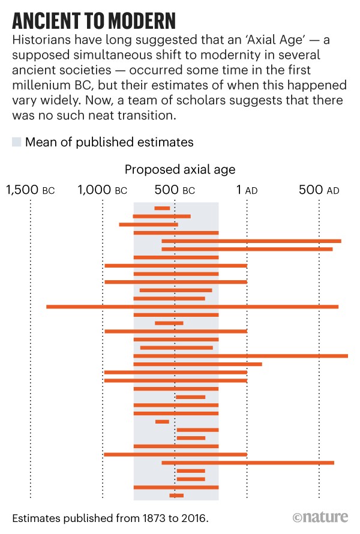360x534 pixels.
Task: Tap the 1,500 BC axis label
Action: pyautogui.click(x=31, y=191)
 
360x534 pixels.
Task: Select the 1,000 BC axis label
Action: pyautogui.click(x=103, y=191)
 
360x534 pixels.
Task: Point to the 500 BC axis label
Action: pyautogui.click(x=175, y=191)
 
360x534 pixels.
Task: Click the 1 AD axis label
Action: pyautogui.click(x=247, y=191)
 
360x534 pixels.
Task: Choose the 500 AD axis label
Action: pyautogui.click(x=319, y=191)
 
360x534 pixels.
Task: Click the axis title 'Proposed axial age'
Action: pyautogui.click(x=180, y=170)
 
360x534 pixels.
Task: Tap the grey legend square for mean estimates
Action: pyautogui.click(x=16, y=142)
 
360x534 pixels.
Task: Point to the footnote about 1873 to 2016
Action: pyautogui.click(x=108, y=517)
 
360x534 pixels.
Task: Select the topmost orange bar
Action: pyautogui.click(x=162, y=208)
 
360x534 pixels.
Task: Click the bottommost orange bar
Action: pyautogui.click(x=176, y=496)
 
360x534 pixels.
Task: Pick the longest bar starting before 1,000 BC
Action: pyautogui.click(x=192, y=307)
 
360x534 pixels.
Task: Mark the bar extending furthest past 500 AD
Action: pyautogui.click(x=240, y=356)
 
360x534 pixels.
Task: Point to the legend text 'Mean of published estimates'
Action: pyautogui.click(x=109, y=142)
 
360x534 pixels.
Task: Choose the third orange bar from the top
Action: pyautogui.click(x=148, y=224)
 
